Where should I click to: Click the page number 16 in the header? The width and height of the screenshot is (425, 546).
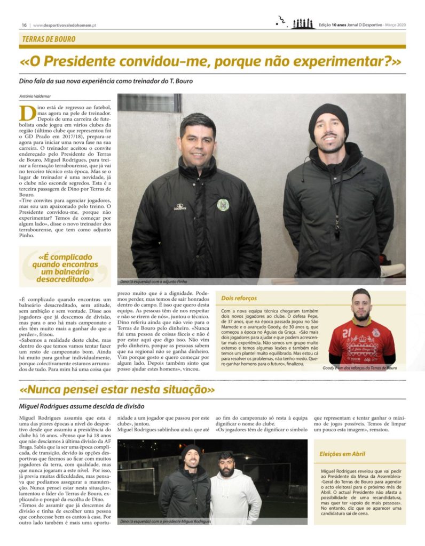tap(24, 25)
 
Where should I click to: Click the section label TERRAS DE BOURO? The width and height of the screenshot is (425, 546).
tap(49, 39)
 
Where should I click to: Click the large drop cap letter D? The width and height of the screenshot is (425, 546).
tap(25, 114)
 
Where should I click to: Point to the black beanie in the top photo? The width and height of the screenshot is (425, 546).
tap(328, 117)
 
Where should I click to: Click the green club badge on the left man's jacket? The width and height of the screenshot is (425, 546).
tap(223, 205)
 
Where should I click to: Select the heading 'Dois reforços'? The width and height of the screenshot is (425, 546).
tap(239, 298)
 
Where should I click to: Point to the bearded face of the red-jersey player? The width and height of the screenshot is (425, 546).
tap(361, 308)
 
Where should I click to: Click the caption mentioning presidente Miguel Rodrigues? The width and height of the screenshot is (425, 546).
tap(166, 521)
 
